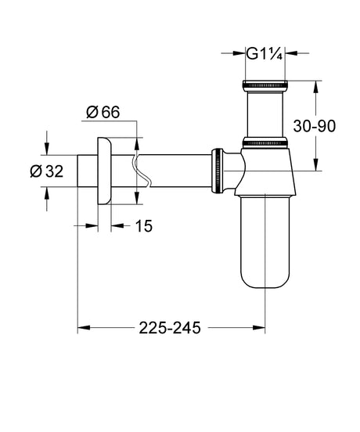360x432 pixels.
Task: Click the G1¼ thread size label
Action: [x=265, y=53]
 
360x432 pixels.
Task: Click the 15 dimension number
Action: [x=142, y=226]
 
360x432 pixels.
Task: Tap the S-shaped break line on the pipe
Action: [x=135, y=172]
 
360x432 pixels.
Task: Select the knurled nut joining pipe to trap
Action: [x=217, y=171]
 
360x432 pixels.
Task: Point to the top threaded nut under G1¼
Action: [x=266, y=83]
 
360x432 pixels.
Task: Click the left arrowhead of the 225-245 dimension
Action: [x=82, y=328]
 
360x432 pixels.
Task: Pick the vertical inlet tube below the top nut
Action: [x=266, y=113]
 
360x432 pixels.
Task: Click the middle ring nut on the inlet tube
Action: [x=266, y=143]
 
